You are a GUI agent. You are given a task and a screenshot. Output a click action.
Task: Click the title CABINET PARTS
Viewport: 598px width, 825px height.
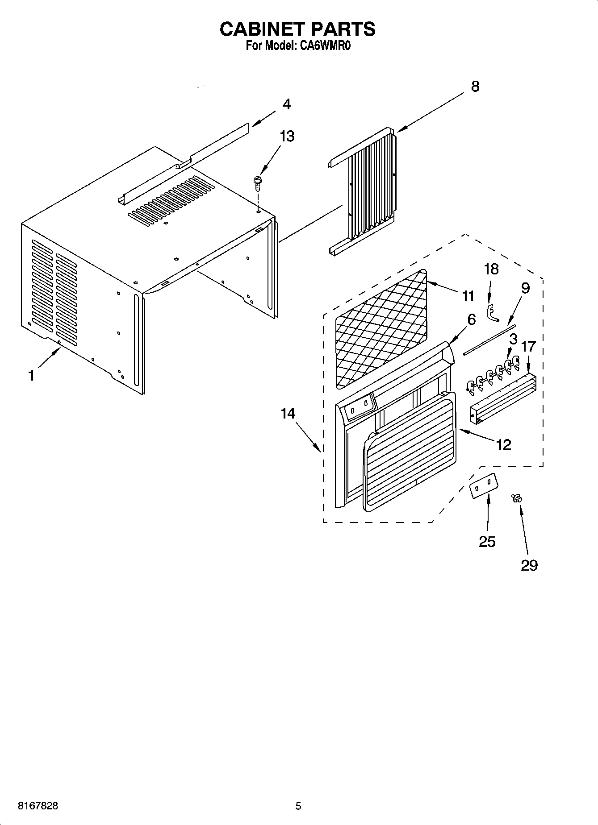(297, 29)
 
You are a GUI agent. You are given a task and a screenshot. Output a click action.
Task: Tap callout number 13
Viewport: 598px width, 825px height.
(287, 136)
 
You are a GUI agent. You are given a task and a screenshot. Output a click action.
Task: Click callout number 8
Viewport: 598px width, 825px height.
(475, 86)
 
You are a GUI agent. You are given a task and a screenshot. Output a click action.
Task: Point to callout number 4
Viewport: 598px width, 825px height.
(286, 104)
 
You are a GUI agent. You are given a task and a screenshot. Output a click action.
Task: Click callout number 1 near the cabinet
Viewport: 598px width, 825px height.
(31, 376)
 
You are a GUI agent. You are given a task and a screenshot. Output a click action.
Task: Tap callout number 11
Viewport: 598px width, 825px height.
(468, 296)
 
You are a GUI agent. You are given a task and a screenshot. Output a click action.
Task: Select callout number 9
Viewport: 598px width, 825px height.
(525, 288)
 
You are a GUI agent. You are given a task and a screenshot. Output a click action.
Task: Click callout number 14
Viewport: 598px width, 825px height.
(288, 413)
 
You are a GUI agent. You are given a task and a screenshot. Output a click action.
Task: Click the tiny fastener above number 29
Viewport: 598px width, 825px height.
(518, 498)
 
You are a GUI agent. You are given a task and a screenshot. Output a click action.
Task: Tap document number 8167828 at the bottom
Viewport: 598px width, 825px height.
(38, 806)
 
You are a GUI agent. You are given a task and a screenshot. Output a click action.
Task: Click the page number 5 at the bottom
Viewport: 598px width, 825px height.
(298, 806)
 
